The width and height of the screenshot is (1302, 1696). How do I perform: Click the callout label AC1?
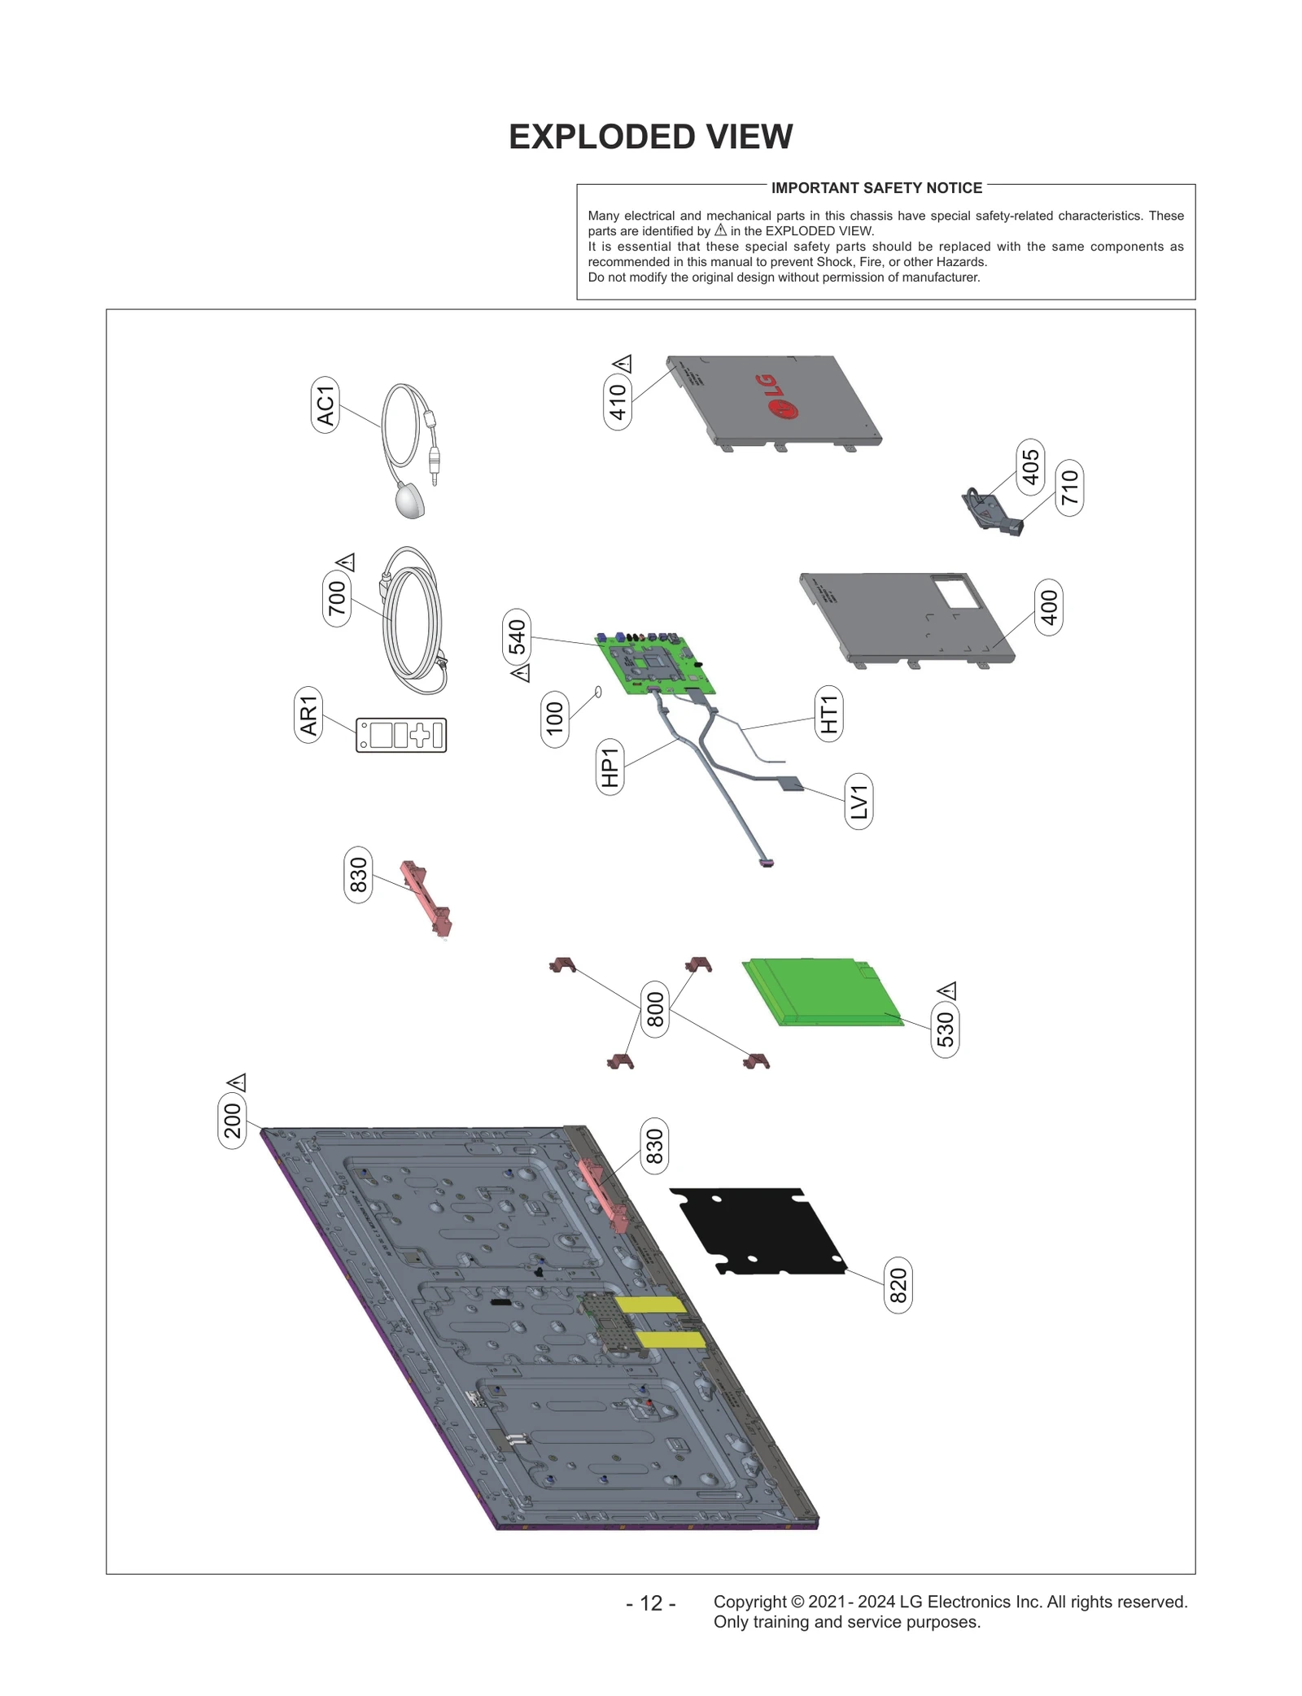click(x=325, y=404)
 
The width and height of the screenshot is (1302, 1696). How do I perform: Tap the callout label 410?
click(x=618, y=401)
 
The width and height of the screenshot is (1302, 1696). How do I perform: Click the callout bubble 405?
click(x=1030, y=466)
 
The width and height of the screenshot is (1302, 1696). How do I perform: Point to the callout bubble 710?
click(x=1069, y=487)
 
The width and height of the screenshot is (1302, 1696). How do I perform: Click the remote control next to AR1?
click(x=401, y=735)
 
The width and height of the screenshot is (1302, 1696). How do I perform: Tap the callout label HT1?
click(x=828, y=713)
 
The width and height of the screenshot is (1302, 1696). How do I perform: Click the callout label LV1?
click(x=859, y=802)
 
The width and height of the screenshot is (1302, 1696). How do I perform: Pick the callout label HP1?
click(x=609, y=767)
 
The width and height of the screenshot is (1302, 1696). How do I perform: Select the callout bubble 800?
click(x=655, y=1009)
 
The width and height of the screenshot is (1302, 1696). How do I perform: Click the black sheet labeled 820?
click(x=757, y=1230)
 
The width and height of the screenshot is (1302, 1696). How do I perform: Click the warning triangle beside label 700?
click(x=346, y=562)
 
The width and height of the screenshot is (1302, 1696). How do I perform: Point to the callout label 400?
click(x=1049, y=607)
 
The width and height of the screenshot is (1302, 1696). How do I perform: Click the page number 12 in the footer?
click(x=651, y=1602)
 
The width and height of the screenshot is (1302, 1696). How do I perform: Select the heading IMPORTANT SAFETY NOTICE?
click(x=876, y=188)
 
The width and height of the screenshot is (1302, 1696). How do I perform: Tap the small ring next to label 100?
click(x=600, y=692)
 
